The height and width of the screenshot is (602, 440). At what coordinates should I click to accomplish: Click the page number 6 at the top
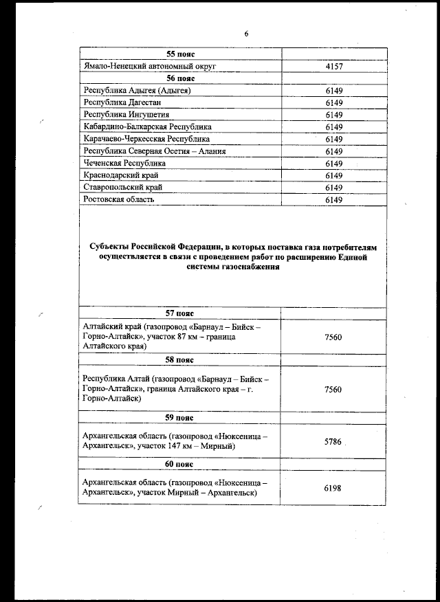tap(245, 34)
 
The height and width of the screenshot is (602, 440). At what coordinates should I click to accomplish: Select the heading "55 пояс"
tap(181, 54)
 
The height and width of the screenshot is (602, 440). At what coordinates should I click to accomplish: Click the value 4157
tap(334, 67)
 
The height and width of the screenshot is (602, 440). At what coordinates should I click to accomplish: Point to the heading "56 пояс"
tap(181, 79)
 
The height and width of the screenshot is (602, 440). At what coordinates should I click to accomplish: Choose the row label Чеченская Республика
tap(124, 164)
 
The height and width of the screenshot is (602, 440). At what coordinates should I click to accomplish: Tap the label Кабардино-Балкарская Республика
tap(147, 127)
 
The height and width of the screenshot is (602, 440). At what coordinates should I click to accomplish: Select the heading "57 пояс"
tap(181, 313)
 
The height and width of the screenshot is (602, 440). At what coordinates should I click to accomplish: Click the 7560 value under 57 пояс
tap(333, 337)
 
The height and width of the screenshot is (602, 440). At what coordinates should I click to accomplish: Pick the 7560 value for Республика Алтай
tap(333, 389)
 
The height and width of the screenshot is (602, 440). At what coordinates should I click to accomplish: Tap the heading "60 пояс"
tap(181, 464)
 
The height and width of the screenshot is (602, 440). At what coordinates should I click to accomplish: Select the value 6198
tap(333, 488)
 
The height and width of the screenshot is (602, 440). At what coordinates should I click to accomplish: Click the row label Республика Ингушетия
tap(126, 115)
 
